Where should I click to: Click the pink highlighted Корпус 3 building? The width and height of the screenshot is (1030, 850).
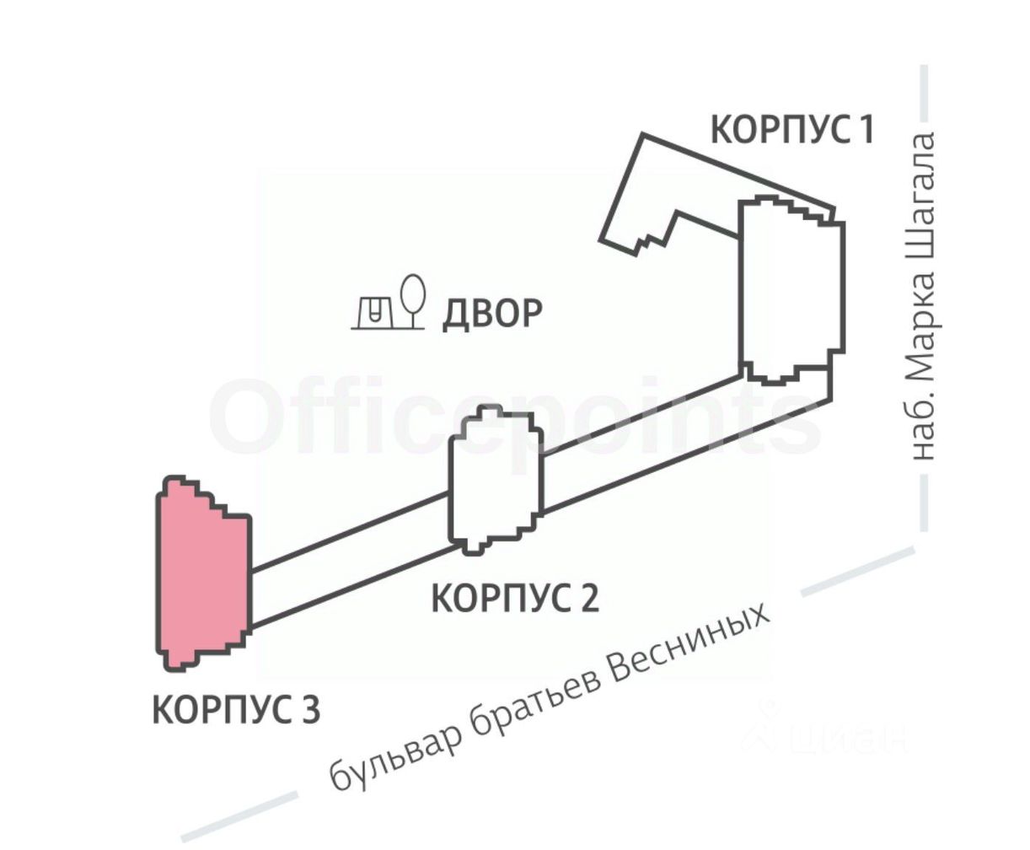(x=202, y=573)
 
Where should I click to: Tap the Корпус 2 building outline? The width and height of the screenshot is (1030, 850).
(x=496, y=479)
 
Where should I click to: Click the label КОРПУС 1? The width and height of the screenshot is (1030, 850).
(x=791, y=130)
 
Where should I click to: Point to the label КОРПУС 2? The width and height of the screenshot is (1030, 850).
(x=515, y=599)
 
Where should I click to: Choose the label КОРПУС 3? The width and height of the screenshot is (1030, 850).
(x=236, y=709)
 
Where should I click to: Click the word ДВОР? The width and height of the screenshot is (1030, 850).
(x=492, y=313)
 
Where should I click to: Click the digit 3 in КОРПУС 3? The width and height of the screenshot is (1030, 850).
(x=309, y=710)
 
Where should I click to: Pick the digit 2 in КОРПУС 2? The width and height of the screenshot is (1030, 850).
(x=588, y=599)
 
